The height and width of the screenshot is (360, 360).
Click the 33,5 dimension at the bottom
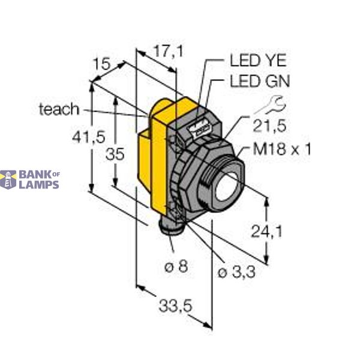(176, 305)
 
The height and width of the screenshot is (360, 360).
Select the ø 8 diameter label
(174, 266)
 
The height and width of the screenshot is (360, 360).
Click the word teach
(58, 109)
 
